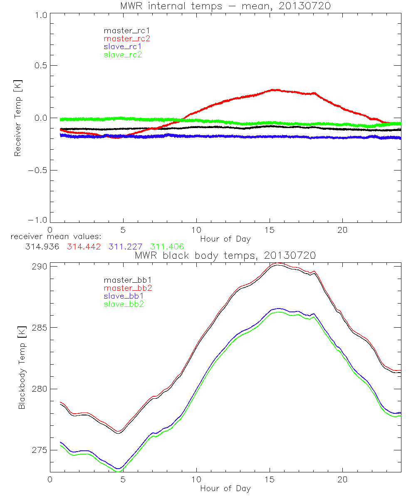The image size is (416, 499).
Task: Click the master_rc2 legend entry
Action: click(127, 38)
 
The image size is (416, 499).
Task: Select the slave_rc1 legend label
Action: click(123, 47)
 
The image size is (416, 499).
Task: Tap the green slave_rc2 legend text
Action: click(123, 54)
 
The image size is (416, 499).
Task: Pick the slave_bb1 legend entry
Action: click(124, 296)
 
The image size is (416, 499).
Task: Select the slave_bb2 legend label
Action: click(124, 304)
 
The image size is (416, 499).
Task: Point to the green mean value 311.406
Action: click(167, 247)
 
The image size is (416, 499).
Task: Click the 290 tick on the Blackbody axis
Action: click(40, 266)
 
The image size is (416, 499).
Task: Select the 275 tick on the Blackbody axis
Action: click(40, 450)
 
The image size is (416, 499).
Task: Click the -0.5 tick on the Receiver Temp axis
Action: click(37, 170)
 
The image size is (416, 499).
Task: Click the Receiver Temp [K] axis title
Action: click(17, 118)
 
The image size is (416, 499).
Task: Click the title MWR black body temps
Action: click(225, 255)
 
